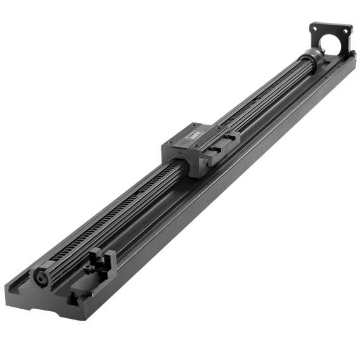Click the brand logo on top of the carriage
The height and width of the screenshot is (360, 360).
(x=195, y=134)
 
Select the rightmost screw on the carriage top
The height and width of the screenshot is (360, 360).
(x=209, y=125)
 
